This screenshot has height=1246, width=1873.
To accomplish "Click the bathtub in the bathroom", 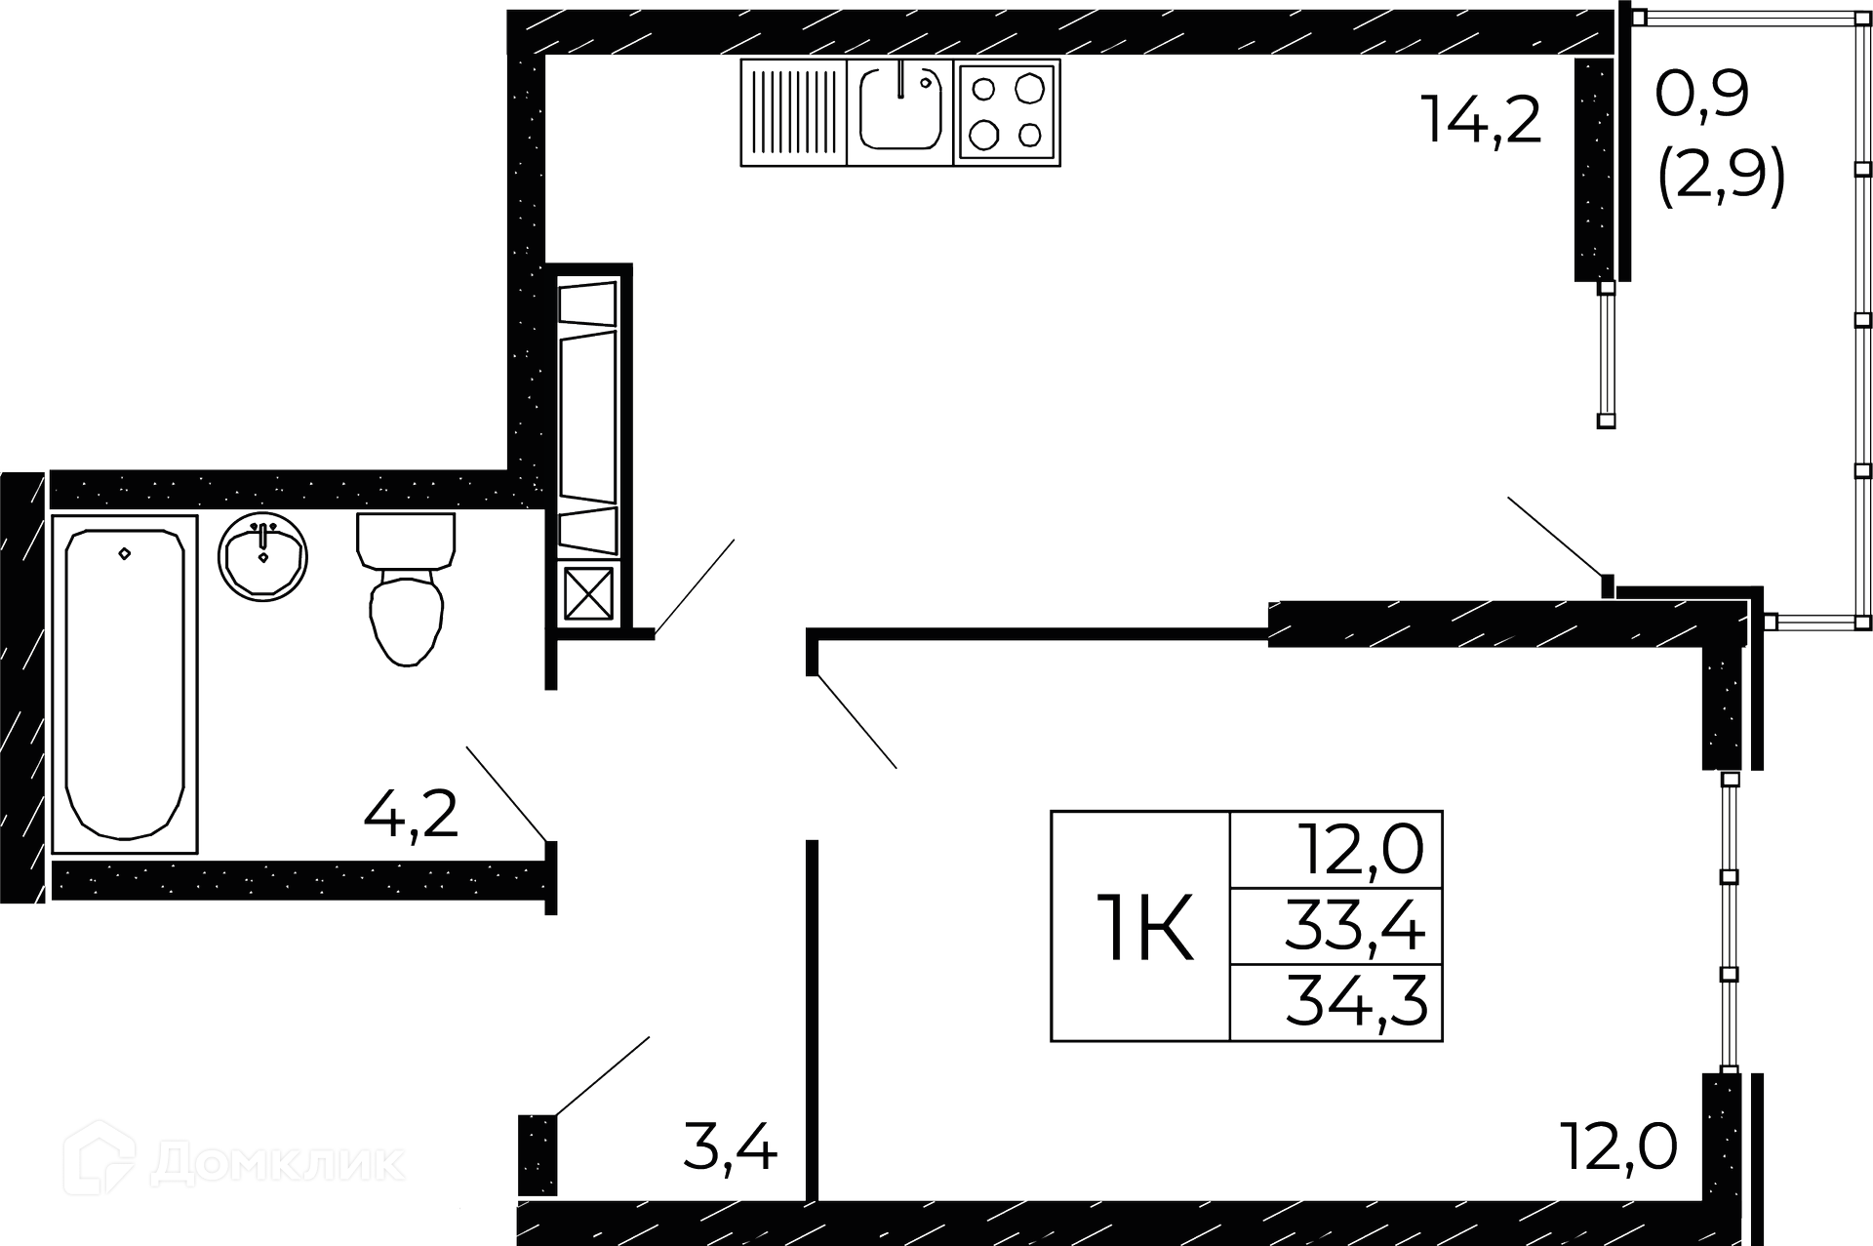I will (124, 683).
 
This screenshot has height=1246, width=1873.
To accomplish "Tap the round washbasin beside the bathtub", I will (263, 558).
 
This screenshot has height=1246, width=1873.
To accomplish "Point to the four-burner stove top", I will (1007, 110).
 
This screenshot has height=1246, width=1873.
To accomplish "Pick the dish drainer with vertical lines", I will (794, 110).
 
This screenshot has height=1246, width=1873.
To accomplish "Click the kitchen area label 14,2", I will (1481, 120).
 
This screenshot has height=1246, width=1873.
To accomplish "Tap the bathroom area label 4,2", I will (411, 814).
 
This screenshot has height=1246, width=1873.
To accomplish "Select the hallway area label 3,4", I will (730, 1147).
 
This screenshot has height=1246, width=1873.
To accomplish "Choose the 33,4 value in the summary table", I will (1355, 927).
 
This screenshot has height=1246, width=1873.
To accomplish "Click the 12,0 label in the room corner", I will (1619, 1146).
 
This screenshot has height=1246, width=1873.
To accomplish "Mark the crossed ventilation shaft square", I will (589, 593).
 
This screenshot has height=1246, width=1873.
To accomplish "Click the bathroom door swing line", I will (506, 792).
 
